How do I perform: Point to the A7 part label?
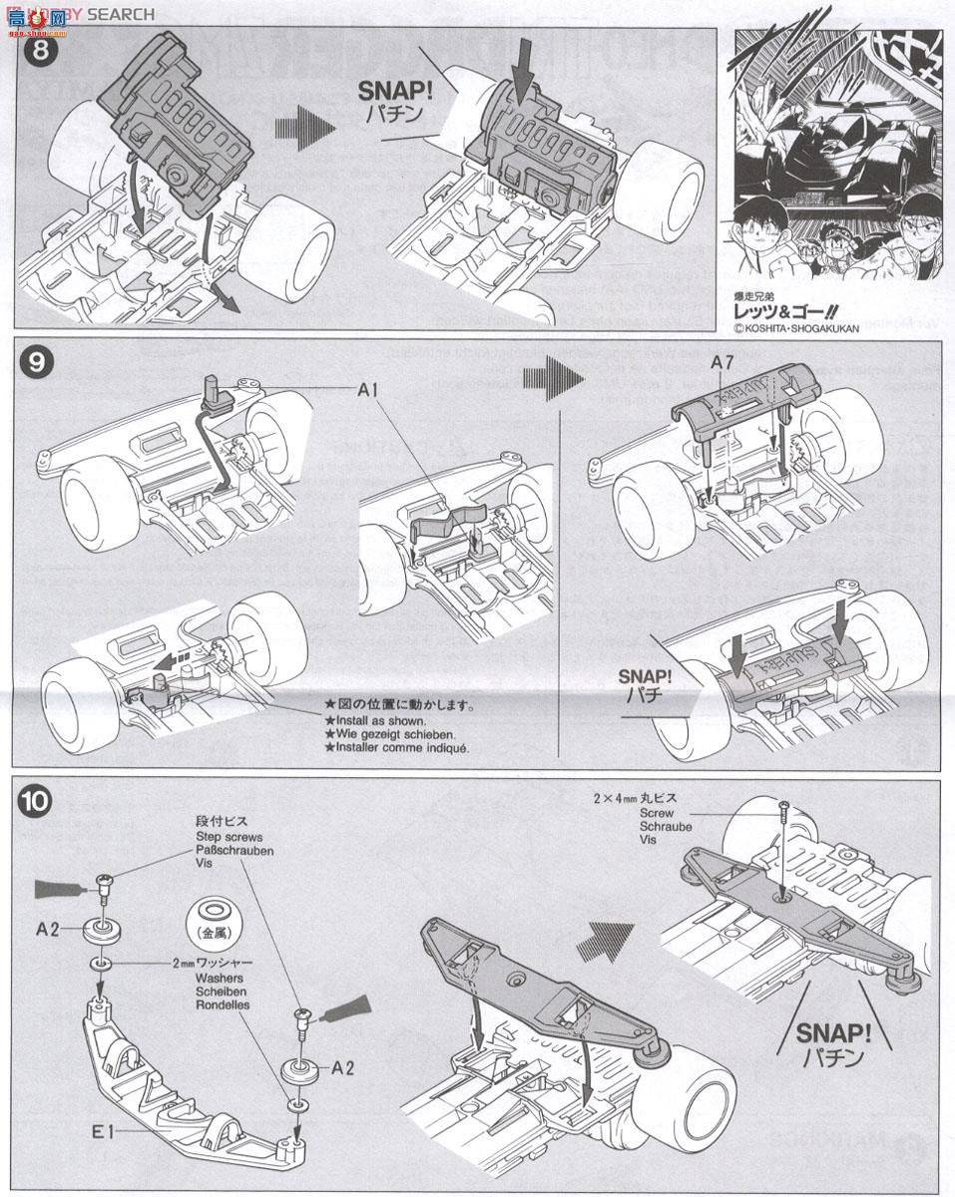[721, 363]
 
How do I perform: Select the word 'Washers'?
[221, 979]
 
